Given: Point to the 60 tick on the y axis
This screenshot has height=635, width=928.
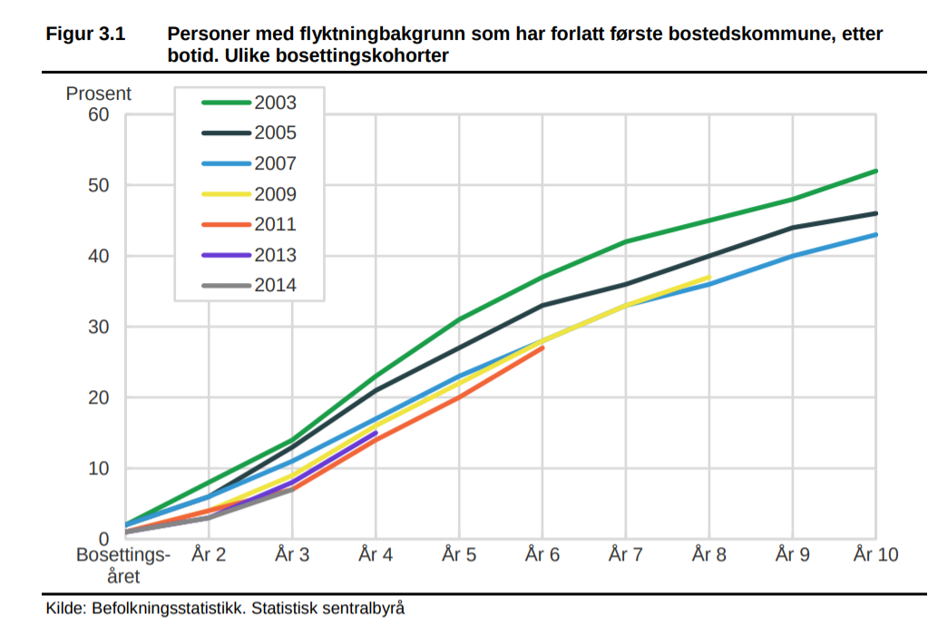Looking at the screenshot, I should click(98, 114).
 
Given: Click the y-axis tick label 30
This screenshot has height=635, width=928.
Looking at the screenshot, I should click(98, 327).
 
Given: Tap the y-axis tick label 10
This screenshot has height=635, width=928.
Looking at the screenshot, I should click(98, 468).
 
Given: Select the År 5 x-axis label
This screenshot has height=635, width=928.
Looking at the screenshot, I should click(459, 554).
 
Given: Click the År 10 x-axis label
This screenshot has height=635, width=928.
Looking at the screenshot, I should click(875, 554).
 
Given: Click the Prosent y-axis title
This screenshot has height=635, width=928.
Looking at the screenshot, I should click(99, 93).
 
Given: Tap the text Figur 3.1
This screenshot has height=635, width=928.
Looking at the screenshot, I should click(85, 34).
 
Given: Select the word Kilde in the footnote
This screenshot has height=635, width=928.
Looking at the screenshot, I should click(64, 608).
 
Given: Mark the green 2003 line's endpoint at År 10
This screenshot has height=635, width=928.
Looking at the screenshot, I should click(876, 171).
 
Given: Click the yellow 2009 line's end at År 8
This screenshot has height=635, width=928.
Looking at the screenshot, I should click(708, 277).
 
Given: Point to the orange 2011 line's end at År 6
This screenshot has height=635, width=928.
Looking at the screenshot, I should click(542, 347).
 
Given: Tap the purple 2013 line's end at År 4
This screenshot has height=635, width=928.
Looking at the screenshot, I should click(376, 433).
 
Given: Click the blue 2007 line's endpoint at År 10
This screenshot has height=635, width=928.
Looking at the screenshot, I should click(876, 234).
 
